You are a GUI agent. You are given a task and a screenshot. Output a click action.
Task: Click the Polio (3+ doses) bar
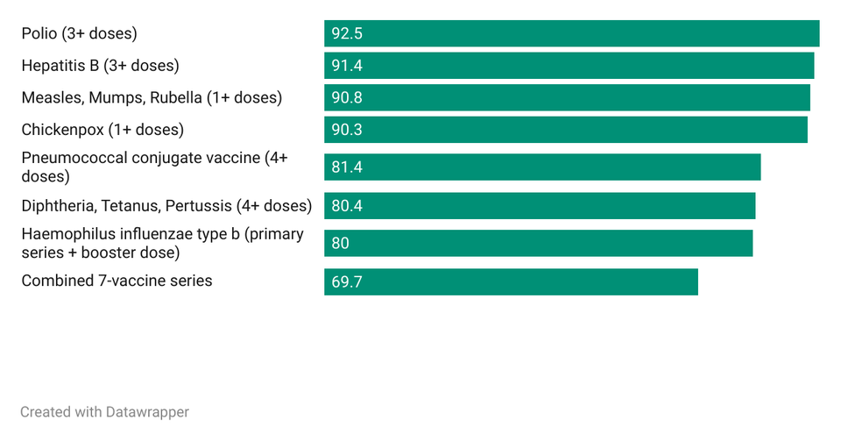(571, 33)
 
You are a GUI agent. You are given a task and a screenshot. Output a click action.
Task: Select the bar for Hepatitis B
(569, 66)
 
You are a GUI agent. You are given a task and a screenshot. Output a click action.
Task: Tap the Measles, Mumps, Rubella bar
(567, 97)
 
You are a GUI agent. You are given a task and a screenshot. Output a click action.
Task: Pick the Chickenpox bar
(565, 130)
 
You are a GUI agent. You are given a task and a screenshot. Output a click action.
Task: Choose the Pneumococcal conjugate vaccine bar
(542, 167)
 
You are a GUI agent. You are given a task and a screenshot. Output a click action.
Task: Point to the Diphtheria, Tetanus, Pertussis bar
(540, 206)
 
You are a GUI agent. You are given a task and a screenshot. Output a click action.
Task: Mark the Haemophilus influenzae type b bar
(538, 243)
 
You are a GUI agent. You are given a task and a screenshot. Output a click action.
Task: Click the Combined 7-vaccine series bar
(511, 281)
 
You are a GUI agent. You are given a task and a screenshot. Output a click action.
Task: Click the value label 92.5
(347, 34)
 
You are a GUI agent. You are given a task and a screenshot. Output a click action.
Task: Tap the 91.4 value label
(347, 66)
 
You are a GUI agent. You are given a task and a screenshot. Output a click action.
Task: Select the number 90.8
(347, 98)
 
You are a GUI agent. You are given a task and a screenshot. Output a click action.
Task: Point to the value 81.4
(347, 167)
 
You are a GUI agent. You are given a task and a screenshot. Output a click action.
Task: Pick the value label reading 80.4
(347, 206)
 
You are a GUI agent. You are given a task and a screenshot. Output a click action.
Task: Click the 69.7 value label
(347, 281)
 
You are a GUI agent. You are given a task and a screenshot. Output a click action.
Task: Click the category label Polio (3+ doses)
(79, 34)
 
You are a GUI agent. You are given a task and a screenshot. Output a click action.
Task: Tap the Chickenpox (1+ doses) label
(102, 130)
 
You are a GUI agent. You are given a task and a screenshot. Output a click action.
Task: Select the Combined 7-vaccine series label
(117, 281)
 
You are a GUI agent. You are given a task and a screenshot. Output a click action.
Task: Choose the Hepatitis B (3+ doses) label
(100, 66)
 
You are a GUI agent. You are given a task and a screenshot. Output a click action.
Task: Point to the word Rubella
(175, 98)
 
